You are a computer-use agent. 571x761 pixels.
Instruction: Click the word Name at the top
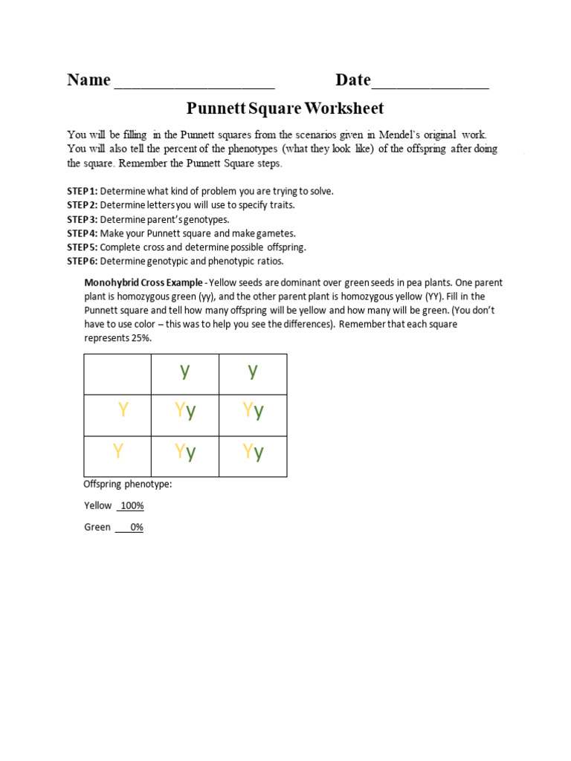(x=88, y=80)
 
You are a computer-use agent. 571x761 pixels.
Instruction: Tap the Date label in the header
(x=352, y=80)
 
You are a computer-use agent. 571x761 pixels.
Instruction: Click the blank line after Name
(x=194, y=83)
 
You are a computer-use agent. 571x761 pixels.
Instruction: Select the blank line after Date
(x=430, y=83)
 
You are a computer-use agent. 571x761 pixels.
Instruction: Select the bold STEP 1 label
(x=82, y=191)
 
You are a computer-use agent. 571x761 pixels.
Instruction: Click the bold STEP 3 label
(x=82, y=219)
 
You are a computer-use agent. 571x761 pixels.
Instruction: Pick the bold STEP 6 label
(x=82, y=262)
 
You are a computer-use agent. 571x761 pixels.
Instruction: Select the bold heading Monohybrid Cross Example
(x=143, y=283)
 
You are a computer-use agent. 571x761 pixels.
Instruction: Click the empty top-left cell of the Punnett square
(x=117, y=374)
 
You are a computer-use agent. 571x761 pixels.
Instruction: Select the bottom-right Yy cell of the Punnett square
(x=253, y=456)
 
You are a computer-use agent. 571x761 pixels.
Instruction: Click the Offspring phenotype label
(x=127, y=485)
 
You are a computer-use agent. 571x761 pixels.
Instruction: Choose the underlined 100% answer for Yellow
(x=132, y=506)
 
